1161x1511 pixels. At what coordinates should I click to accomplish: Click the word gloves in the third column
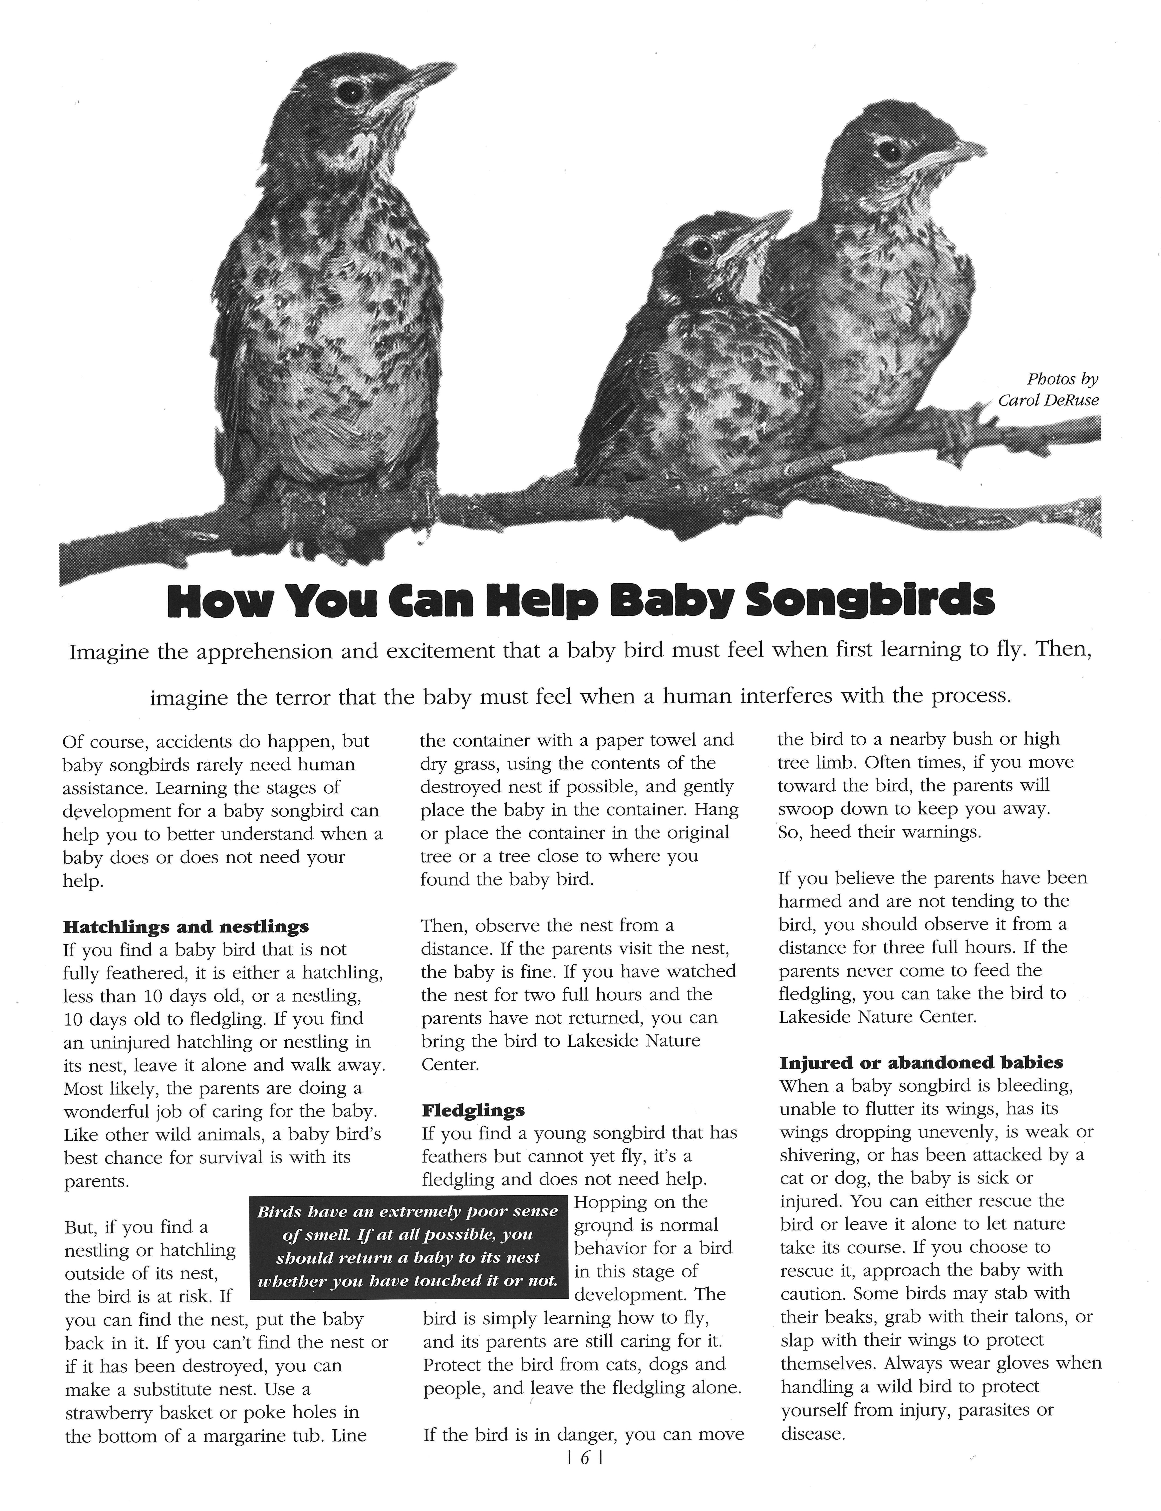[1019, 1363]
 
